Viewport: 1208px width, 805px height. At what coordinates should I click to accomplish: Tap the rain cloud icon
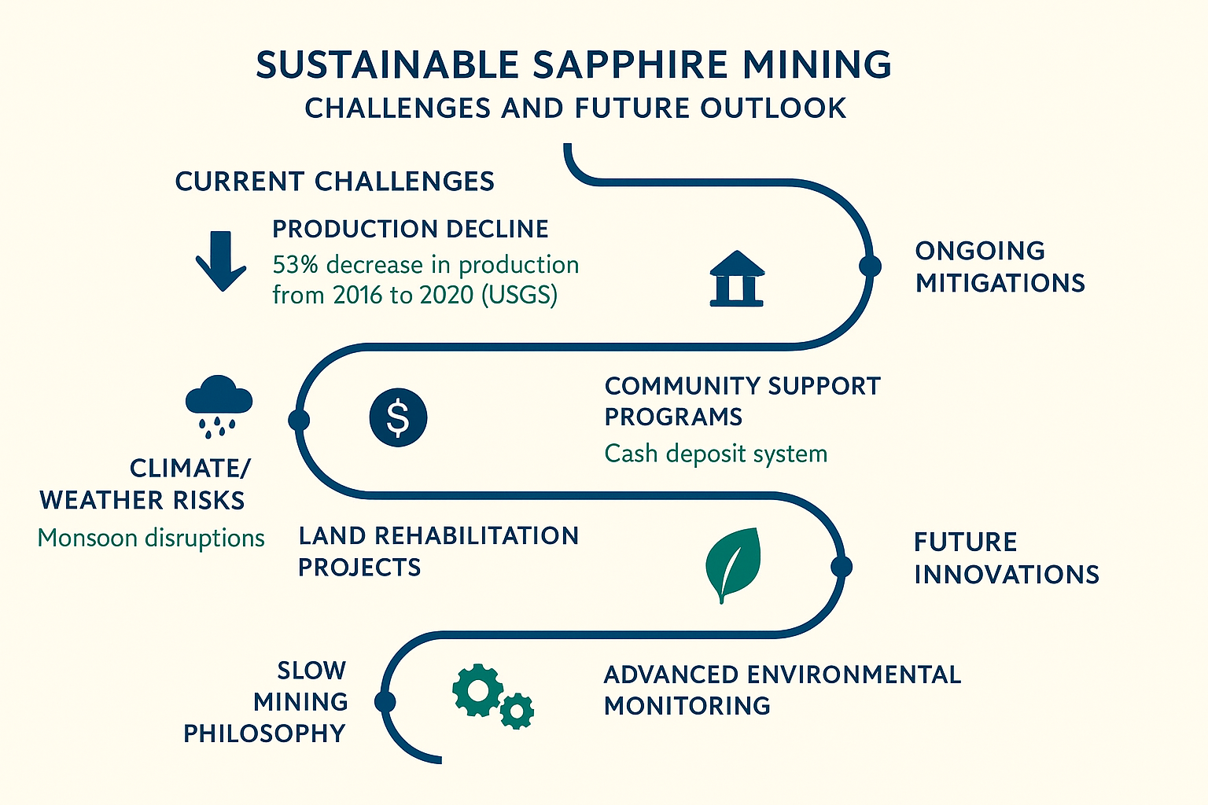tap(219, 402)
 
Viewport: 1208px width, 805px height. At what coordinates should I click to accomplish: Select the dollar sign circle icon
tap(398, 417)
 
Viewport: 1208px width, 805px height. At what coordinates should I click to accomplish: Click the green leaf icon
tap(733, 563)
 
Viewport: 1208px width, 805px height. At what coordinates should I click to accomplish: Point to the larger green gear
tap(477, 690)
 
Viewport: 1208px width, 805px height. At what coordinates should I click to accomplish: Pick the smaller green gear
tap(517, 711)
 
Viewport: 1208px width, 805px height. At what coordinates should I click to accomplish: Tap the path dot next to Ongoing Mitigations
tap(870, 266)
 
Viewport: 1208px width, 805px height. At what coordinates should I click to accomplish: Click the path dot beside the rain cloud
tap(299, 420)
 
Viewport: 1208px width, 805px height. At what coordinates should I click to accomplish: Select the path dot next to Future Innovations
tap(841, 566)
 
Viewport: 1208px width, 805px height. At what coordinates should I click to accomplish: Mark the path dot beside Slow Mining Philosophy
tap(385, 701)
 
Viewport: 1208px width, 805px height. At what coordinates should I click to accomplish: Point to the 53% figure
tap(295, 265)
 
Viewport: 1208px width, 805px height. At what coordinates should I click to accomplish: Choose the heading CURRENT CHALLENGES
tap(334, 182)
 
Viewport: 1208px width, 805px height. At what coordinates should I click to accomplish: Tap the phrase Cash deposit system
tap(716, 454)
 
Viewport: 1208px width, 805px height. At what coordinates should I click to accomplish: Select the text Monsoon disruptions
tap(151, 539)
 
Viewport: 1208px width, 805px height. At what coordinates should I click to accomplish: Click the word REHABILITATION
tap(476, 536)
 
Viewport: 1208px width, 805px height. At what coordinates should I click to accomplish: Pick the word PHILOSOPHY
tap(264, 733)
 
